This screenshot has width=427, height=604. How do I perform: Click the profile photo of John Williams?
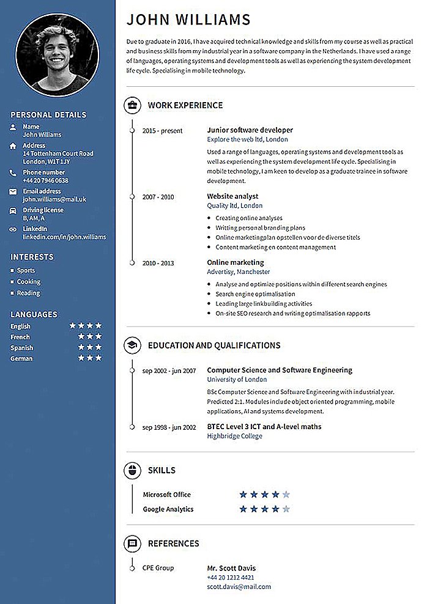tap(58, 53)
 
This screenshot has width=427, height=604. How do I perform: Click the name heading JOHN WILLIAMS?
tap(188, 20)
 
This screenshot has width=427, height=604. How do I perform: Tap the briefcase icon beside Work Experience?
tap(132, 105)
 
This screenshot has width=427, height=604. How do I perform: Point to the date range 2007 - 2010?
tap(158, 197)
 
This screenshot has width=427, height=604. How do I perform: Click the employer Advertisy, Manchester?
tap(238, 271)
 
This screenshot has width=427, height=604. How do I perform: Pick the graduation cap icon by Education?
tap(132, 345)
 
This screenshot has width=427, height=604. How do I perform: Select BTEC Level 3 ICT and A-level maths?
tap(264, 427)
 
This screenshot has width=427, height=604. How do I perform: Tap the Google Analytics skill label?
tap(168, 509)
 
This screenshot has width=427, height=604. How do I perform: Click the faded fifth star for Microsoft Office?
tap(286, 495)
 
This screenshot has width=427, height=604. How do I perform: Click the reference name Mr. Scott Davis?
tap(231, 568)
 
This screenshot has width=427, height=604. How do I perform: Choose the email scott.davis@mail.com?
tap(239, 586)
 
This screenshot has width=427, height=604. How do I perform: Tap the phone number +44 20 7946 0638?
tap(45, 180)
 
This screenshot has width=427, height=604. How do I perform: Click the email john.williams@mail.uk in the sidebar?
tap(54, 199)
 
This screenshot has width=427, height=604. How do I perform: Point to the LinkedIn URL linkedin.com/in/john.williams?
tap(64, 237)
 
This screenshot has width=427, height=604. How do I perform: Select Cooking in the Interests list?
tap(29, 282)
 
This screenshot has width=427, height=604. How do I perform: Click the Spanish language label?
tap(21, 347)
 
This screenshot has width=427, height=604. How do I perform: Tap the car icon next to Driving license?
tap(13, 210)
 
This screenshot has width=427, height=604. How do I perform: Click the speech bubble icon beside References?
tap(132, 543)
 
